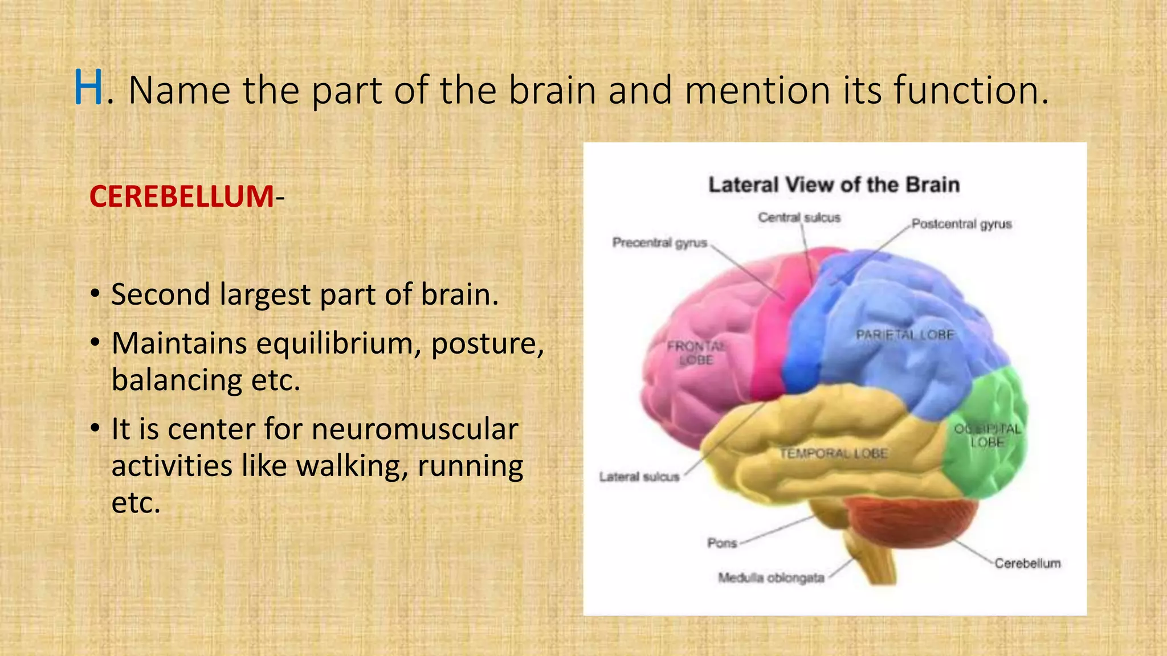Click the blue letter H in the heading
[x=88, y=88]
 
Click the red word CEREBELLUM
[x=181, y=196]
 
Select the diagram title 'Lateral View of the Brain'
[x=834, y=185]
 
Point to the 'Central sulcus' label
[x=799, y=218]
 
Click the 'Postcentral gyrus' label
[x=961, y=224]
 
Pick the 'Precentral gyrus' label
[x=659, y=243]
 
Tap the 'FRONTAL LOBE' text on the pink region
[x=696, y=353]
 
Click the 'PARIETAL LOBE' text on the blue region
[x=904, y=335]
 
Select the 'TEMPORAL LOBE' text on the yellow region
[x=833, y=453]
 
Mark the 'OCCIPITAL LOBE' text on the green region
[x=988, y=436]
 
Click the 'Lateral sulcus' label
[x=639, y=477]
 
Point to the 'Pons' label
[x=722, y=543]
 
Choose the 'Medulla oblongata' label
[x=771, y=578]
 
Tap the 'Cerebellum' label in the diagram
[x=1027, y=563]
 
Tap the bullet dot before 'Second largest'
[x=95, y=294]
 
